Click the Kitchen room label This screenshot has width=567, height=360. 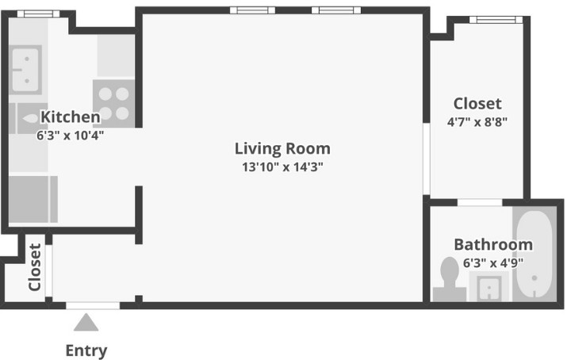tap(70, 117)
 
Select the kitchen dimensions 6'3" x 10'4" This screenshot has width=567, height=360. tap(70, 135)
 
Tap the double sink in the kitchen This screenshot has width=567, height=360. tap(26, 69)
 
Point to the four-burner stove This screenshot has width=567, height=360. tap(113, 103)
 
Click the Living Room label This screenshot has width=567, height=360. tap(282, 148)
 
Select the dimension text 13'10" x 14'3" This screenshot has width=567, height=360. tap(282, 167)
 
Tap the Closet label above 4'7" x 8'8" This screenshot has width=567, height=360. tap(477, 104)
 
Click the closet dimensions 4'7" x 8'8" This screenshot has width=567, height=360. tap(477, 122)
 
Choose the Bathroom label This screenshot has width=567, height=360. tap(492, 244)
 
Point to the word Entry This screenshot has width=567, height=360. tap(86, 350)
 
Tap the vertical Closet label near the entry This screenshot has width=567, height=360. tap(35, 267)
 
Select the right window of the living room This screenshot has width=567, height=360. tap(335, 10)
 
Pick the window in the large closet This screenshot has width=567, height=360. tap(496, 19)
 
